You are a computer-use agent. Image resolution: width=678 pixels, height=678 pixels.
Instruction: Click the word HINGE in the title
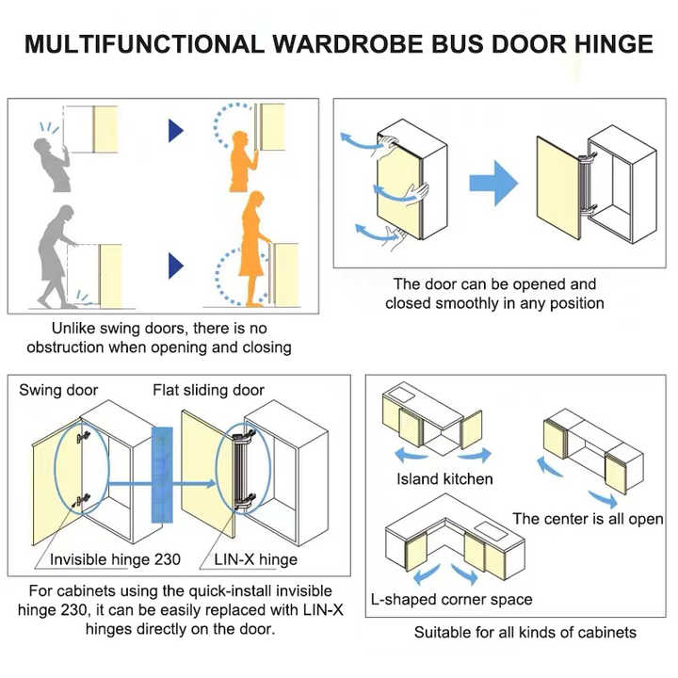(604, 45)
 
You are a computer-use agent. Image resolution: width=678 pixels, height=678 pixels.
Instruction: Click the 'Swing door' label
(58, 390)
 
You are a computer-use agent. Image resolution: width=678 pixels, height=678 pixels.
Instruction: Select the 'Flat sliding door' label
(209, 390)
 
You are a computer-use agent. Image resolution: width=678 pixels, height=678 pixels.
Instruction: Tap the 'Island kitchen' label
(444, 478)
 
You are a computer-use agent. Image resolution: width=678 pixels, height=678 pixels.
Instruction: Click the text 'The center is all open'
(588, 519)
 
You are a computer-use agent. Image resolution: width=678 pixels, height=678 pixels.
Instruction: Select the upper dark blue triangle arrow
(176, 130)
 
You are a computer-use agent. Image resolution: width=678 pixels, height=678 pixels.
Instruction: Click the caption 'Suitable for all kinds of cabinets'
(525, 632)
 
